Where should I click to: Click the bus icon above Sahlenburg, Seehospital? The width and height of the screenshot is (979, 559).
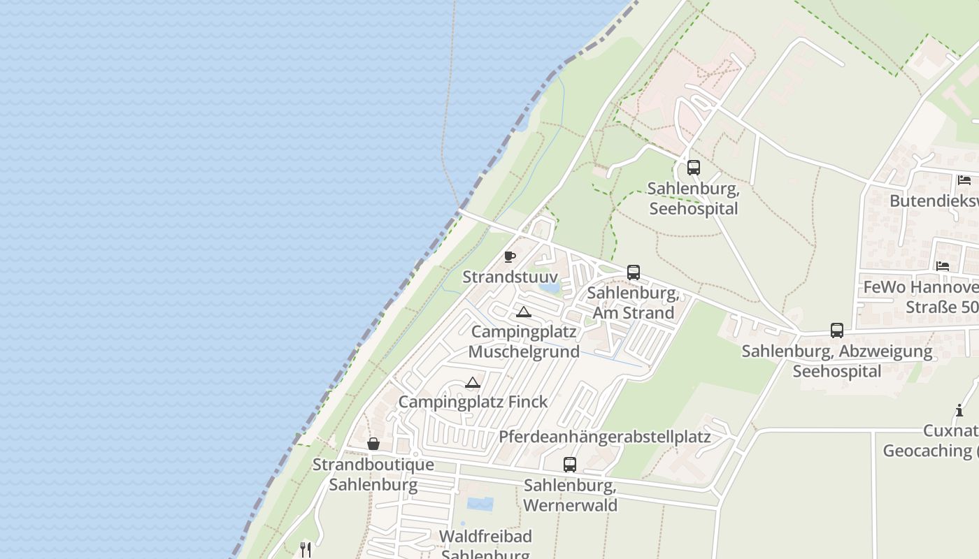pos(693,168)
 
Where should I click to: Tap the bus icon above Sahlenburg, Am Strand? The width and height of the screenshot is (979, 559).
pos(633,272)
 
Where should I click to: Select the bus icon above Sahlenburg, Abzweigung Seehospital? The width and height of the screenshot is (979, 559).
pos(836,330)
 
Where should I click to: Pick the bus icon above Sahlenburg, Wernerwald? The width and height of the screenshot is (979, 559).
pos(570,464)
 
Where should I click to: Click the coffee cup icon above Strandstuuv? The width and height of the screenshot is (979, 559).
pos(509,256)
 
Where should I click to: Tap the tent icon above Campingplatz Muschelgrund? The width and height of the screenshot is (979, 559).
pos(523,312)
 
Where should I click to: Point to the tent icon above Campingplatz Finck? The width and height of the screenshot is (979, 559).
pos(473,382)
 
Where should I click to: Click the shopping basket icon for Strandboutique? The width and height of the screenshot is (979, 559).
pos(373,444)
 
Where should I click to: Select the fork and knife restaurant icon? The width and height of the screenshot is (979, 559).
pos(305,549)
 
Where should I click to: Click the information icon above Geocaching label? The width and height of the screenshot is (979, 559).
pos(959,410)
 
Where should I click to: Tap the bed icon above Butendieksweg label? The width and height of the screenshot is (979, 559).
pos(964,180)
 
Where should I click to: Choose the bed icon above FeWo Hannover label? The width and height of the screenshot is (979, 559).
pos(943,266)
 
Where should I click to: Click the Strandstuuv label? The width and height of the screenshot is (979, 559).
pos(510,277)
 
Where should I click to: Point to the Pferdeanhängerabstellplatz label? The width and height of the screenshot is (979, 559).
pos(604,437)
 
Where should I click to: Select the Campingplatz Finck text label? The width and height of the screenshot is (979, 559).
pos(473,402)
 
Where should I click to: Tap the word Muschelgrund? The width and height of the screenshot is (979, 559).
pos(524,351)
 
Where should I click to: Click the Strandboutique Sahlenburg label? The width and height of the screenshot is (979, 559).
pos(373,474)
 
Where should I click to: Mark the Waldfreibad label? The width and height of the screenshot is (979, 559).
pos(485,536)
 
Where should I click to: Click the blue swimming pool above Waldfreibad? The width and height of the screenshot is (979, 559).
pos(480,504)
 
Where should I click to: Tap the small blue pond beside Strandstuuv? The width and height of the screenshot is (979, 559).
pos(550,286)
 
